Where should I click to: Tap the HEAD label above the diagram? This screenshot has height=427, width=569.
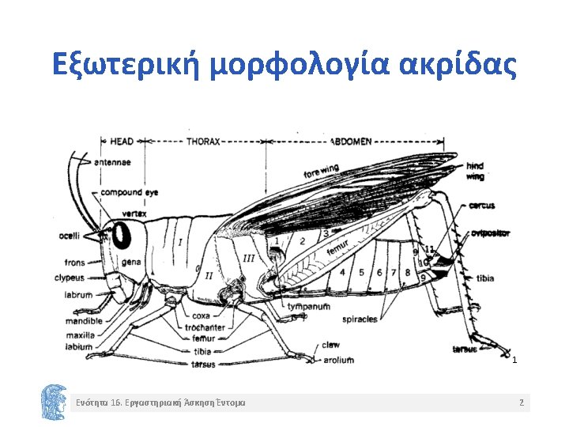(121, 142)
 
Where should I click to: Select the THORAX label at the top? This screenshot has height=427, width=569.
(203, 142)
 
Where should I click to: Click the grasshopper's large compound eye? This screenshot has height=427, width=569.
(122, 235)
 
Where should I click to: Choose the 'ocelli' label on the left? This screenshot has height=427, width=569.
(70, 236)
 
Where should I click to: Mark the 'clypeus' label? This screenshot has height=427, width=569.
(70, 278)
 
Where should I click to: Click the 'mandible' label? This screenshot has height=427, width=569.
(84, 322)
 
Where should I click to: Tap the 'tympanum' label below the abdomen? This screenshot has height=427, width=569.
(308, 307)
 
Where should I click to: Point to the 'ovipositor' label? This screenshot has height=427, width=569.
(490, 233)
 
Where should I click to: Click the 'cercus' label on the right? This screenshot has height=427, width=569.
(482, 206)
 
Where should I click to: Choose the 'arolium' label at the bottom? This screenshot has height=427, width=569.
(337, 360)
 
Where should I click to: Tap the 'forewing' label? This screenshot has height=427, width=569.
(321, 171)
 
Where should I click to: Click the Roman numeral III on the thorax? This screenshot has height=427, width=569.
(248, 259)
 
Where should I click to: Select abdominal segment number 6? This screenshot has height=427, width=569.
(380, 273)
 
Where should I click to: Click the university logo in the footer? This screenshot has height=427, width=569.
(54, 402)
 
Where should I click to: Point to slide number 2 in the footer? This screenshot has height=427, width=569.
(521, 403)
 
